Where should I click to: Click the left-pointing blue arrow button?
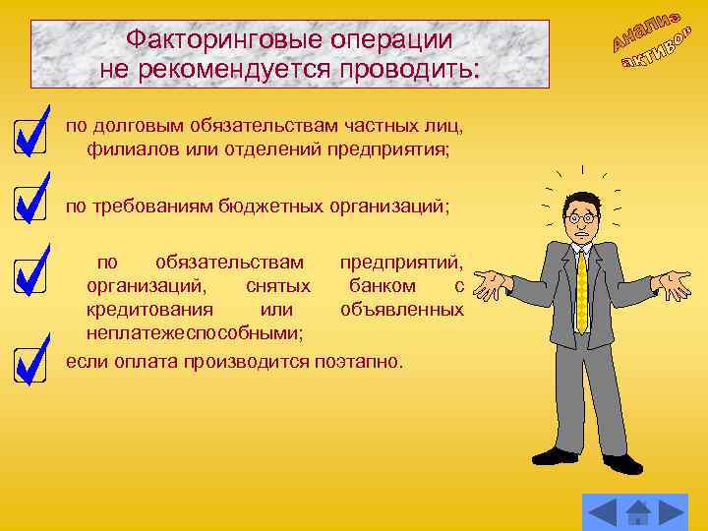601,512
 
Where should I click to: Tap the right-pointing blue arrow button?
673,512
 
